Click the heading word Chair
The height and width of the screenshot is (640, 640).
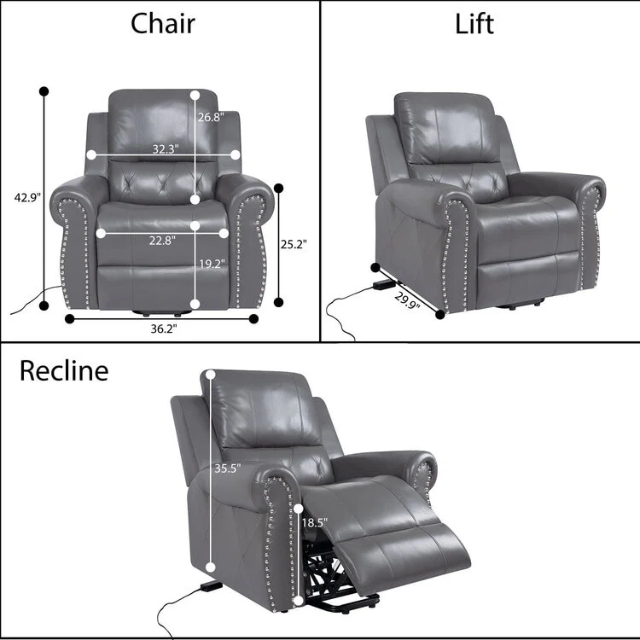pyautogui.click(x=162, y=24)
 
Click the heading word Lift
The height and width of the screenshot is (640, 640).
pyautogui.click(x=474, y=24)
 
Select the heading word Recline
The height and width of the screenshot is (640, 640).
pyautogui.click(x=65, y=371)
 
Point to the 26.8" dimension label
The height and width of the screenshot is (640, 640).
pyautogui.click(x=211, y=118)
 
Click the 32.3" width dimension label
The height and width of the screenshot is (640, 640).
pyautogui.click(x=165, y=148)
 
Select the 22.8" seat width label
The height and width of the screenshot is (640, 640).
pyautogui.click(x=161, y=240)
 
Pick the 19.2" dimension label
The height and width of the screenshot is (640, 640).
pyautogui.click(x=212, y=265)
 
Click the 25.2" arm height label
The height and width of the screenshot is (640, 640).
pyautogui.click(x=294, y=244)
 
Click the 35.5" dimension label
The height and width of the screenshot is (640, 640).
pyautogui.click(x=228, y=468)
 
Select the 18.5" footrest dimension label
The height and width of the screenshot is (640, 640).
pyautogui.click(x=314, y=522)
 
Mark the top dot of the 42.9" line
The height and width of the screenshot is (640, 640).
pyautogui.click(x=44, y=90)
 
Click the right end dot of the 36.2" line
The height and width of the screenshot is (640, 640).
pyautogui.click(x=253, y=319)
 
